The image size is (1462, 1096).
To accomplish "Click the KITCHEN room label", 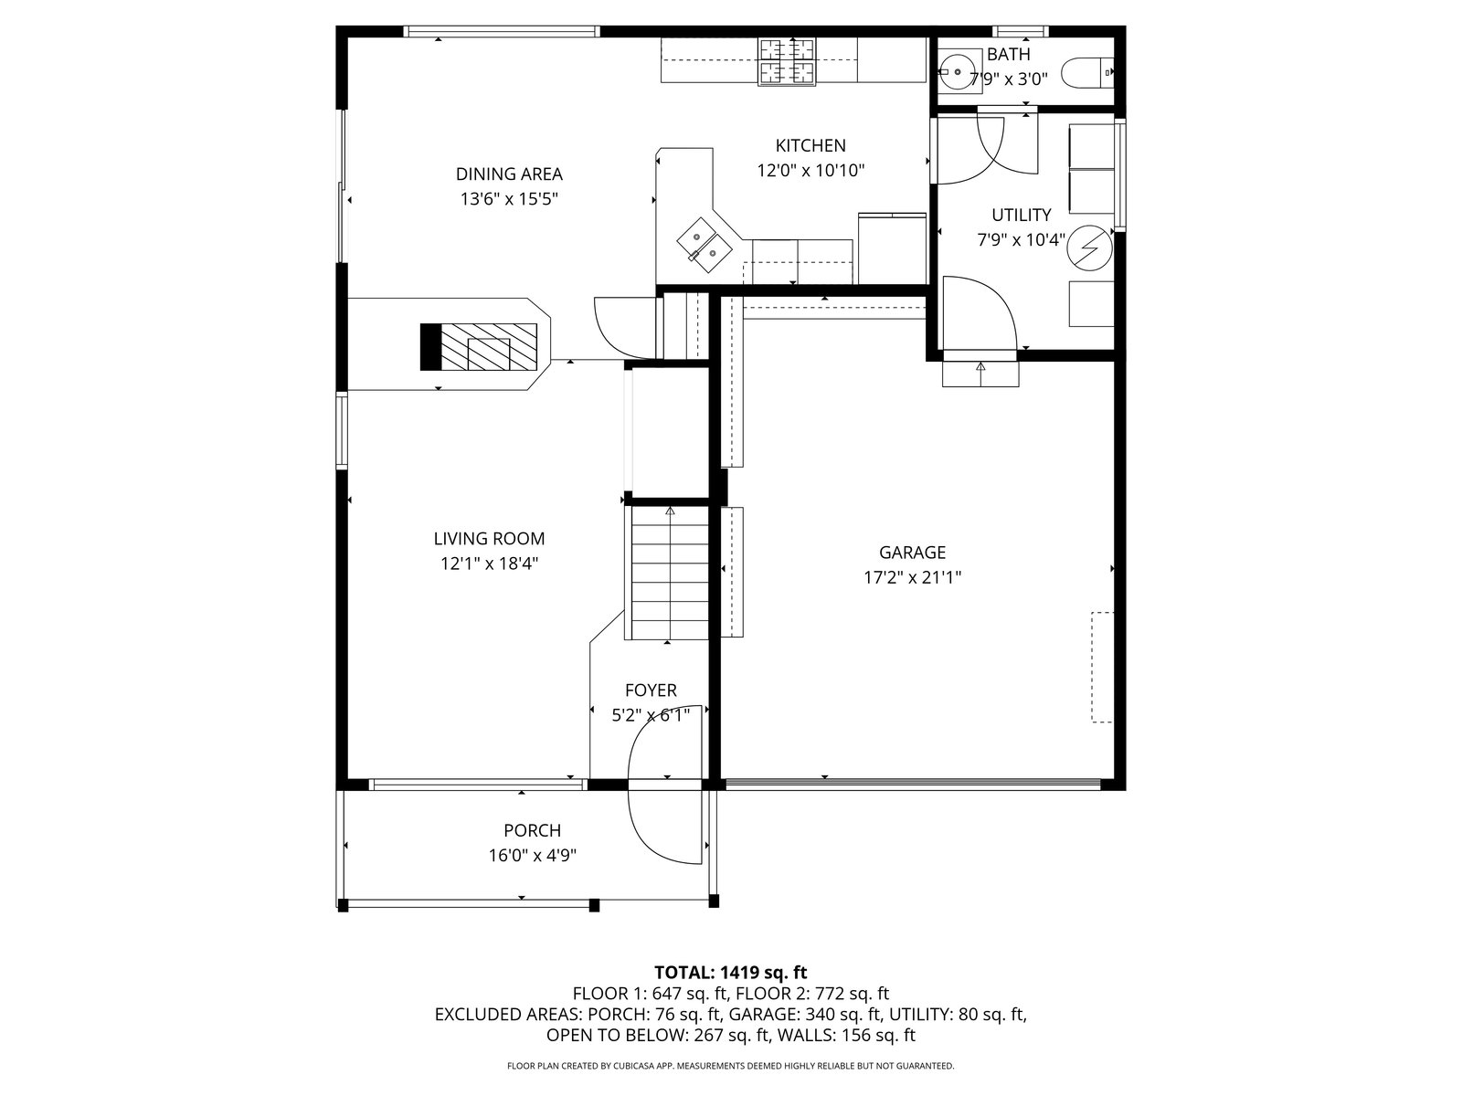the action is pos(810,145).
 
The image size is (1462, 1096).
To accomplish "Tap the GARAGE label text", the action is pos(912,552).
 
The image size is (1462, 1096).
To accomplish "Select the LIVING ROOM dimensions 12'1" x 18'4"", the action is pos(489,564).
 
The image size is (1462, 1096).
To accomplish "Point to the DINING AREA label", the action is pos(509,174).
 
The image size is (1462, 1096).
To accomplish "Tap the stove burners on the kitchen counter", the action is pos(787,62).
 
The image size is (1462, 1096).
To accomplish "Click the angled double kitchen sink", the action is pos(705,245).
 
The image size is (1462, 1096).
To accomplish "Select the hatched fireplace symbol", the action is pos(478,347).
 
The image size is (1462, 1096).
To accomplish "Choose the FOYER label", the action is pos(650,690).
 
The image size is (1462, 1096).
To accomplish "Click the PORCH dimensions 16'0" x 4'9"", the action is pos(532,855).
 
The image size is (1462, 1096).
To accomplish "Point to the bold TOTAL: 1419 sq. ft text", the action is pos(731,972).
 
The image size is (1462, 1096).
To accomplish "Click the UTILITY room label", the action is pos(1021,215).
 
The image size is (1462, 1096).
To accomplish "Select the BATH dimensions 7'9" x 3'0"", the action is pos(1008,79).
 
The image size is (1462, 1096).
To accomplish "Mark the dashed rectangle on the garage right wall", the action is pos(1102,667).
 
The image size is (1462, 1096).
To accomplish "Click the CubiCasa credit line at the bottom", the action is pos(731,1065).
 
